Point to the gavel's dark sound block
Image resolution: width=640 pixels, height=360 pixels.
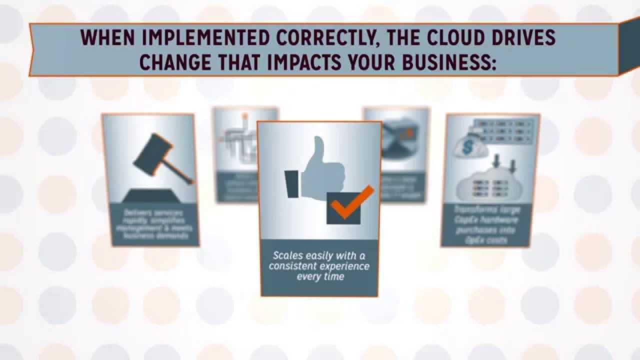pos(149,196)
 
